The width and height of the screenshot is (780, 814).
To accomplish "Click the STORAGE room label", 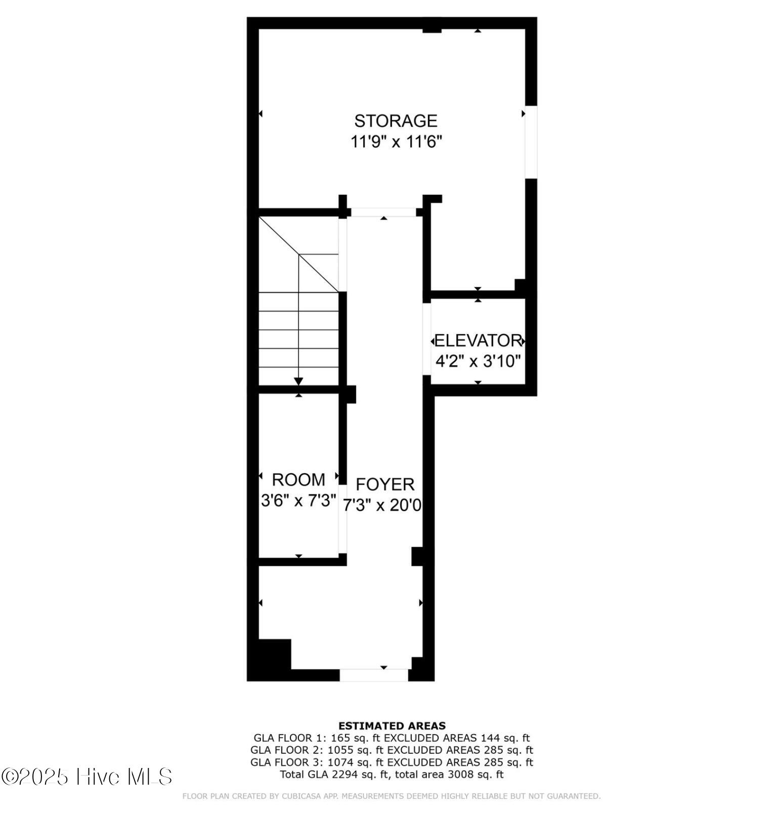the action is click(396, 121).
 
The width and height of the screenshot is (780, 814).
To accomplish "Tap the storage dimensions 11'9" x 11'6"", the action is click(397, 142).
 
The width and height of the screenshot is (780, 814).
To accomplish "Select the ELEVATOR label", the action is click(478, 340).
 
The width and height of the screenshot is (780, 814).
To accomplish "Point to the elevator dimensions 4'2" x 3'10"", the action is click(478, 361).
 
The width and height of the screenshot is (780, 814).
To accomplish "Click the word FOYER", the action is click(385, 484).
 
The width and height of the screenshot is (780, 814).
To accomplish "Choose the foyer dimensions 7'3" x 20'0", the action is click(382, 505).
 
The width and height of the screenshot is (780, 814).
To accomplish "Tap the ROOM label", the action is click(298, 479).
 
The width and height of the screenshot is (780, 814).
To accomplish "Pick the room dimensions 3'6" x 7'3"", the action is click(298, 501).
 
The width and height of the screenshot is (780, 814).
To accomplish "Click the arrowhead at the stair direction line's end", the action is click(298, 381).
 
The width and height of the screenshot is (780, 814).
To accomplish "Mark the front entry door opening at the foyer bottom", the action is click(374, 675).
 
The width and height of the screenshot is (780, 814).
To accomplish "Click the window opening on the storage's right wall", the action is click(531, 142).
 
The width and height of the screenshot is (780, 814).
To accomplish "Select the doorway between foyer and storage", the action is click(384, 212).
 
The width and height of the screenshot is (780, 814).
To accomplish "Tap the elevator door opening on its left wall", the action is click(427, 339).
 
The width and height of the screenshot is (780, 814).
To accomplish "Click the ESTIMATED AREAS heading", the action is click(392, 726).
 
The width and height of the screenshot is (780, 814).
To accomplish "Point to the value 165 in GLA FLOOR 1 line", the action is click(340, 738).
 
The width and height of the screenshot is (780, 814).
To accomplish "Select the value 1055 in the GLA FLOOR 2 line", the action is click(340, 750).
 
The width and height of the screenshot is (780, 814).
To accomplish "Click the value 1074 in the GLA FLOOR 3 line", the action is click(340, 762).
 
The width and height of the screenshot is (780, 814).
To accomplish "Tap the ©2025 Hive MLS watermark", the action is click(86, 777).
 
